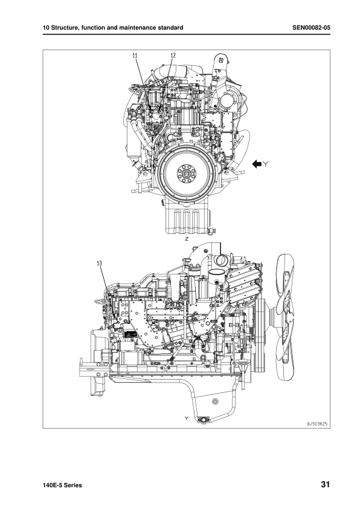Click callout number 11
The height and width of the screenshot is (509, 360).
tap(135, 56)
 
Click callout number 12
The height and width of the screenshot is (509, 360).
tap(173, 56)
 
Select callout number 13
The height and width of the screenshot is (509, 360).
tap(100, 263)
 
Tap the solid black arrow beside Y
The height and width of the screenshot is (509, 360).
tap(257, 164)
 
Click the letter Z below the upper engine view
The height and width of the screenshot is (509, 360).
tap(187, 239)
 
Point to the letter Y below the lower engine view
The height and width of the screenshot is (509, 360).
tap(187, 418)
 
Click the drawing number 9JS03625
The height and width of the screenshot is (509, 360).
tap(317, 424)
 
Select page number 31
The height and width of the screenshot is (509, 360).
tap(326, 485)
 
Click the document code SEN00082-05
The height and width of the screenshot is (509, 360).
tap(311, 28)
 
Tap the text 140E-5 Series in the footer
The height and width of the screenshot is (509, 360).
tap(62, 485)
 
